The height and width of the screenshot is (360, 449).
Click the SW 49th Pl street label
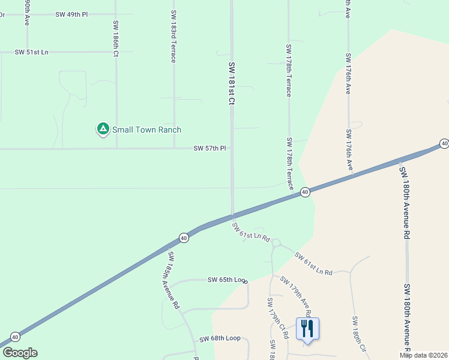[71, 14]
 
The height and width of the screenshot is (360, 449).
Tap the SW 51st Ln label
[31, 52]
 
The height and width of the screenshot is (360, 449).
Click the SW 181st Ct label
[231, 83]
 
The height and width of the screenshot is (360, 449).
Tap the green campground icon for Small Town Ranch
[103, 129]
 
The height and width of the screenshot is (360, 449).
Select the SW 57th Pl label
[209, 148]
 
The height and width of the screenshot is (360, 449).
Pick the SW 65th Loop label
[228, 280]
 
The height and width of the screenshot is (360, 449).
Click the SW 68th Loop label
[220, 338]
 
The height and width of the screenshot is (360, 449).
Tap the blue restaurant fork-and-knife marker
[307, 328]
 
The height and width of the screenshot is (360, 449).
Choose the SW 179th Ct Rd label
[277, 317]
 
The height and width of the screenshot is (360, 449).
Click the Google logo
[19, 353]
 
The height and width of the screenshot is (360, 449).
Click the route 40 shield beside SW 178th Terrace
[305, 192]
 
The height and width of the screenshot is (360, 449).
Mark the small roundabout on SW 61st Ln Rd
[277, 243]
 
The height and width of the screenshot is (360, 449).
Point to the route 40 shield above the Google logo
[15, 337]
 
